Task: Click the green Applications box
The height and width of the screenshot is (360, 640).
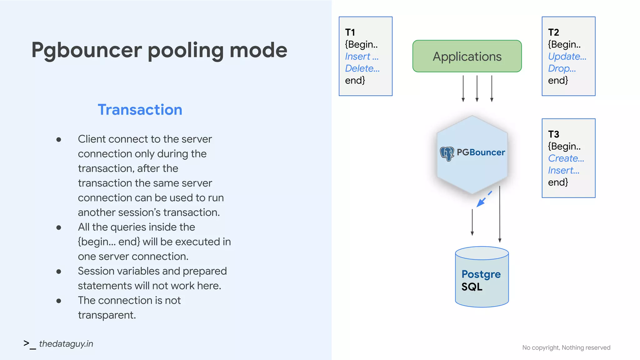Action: pyautogui.click(x=467, y=56)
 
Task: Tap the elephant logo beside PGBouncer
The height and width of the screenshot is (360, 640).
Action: pyautogui.click(x=447, y=153)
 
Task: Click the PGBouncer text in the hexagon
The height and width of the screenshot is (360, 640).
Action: pyautogui.click(x=481, y=152)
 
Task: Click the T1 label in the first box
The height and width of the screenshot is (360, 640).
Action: pyautogui.click(x=350, y=32)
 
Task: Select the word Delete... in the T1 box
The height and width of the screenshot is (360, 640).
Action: pyautogui.click(x=362, y=68)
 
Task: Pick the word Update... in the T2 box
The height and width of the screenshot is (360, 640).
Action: pyautogui.click(x=567, y=57)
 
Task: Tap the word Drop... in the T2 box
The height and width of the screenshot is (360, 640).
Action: pyautogui.click(x=562, y=68)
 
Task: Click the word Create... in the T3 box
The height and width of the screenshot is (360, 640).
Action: pyautogui.click(x=566, y=158)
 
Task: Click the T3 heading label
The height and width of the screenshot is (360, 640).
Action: pyautogui.click(x=553, y=134)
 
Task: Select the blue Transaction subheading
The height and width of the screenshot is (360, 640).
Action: pyautogui.click(x=140, y=110)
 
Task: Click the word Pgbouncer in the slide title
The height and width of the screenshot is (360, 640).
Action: pyautogui.click(x=87, y=50)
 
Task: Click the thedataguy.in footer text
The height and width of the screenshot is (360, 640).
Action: pyautogui.click(x=66, y=344)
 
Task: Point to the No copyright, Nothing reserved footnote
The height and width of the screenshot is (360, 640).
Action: pyautogui.click(x=566, y=347)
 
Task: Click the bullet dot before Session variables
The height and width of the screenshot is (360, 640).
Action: pyautogui.click(x=59, y=272)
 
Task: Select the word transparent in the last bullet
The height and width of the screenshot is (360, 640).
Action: pyautogui.click(x=106, y=315)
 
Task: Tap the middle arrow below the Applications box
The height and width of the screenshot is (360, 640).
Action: pyautogui.click(x=477, y=88)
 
